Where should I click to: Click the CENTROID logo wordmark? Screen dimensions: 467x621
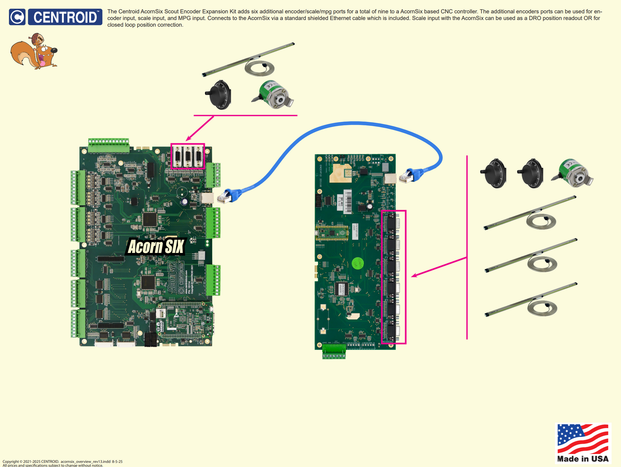click(x=65, y=17)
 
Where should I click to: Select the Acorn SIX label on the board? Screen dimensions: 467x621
click(x=156, y=247)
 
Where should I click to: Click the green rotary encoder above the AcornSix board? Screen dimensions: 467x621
click(x=274, y=95)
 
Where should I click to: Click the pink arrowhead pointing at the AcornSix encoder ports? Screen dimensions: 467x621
click(x=188, y=138)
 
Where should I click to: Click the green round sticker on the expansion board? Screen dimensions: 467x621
click(x=357, y=263)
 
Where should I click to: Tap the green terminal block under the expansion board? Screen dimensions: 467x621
click(x=334, y=352)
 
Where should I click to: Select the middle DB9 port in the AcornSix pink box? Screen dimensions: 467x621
click(x=188, y=157)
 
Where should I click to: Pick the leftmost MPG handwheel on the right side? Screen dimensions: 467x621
click(x=494, y=173)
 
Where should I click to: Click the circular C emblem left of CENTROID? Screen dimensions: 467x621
click(x=17, y=17)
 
